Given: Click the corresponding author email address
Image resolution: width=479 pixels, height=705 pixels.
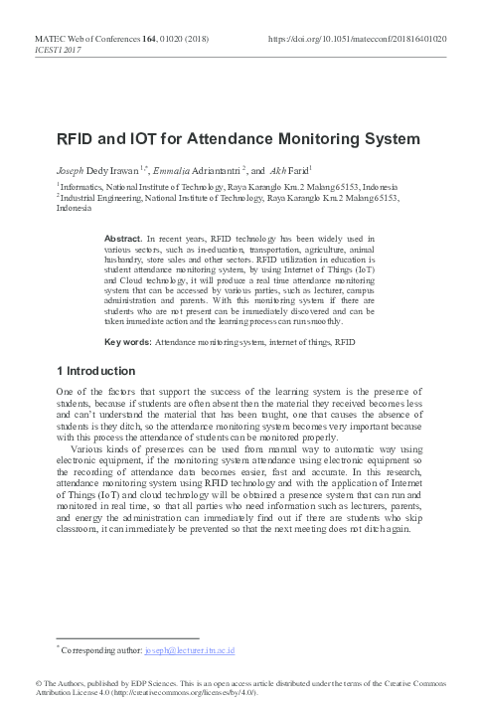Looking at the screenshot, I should pos(189,650).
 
